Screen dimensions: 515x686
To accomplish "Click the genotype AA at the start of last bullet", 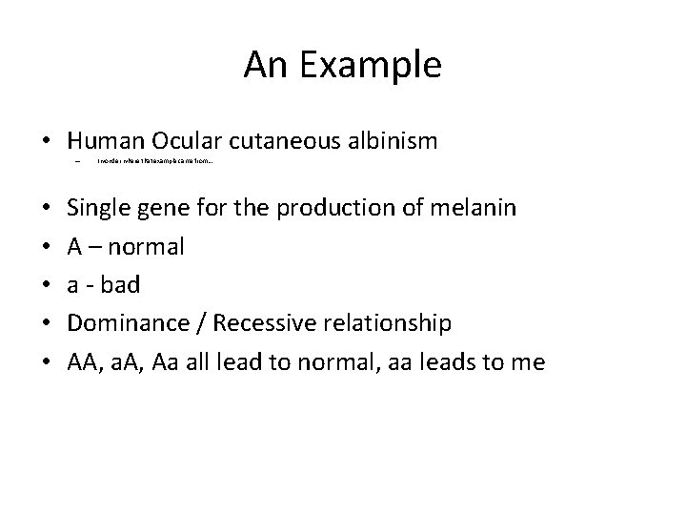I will point(82,361).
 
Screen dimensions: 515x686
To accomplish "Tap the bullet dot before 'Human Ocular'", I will point(47,143).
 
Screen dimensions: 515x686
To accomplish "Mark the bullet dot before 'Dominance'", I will point(47,323).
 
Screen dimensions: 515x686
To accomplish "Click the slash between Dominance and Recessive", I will point(202,322).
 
